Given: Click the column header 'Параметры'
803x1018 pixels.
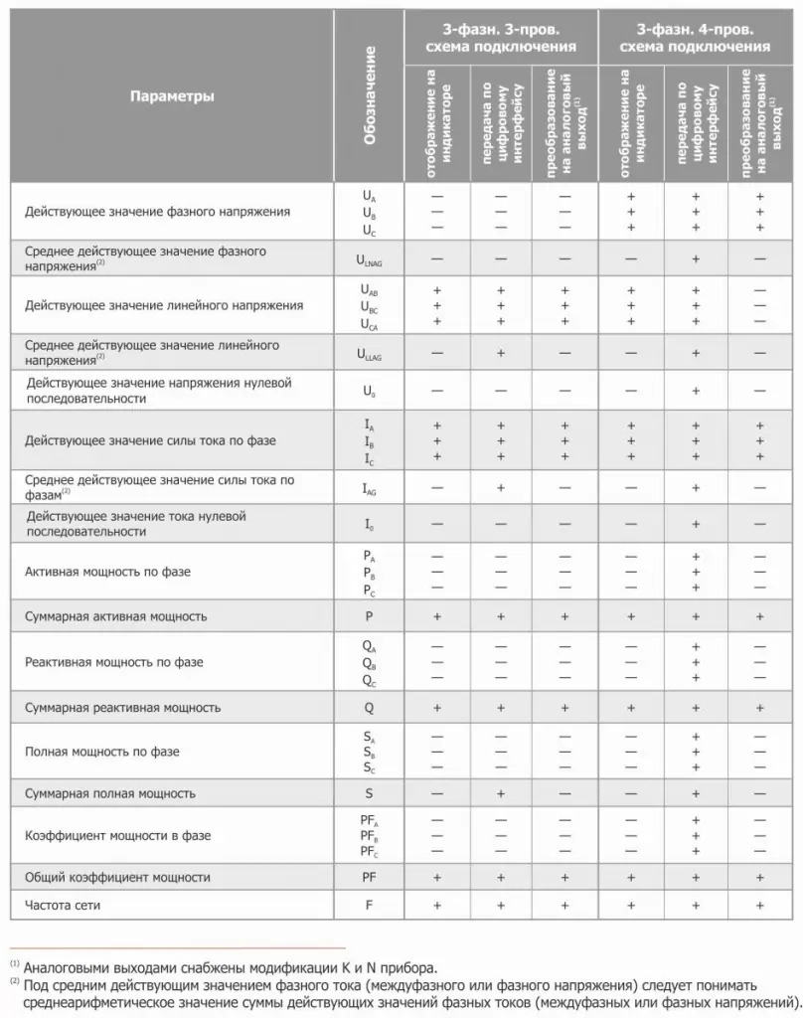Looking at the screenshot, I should (x=172, y=96).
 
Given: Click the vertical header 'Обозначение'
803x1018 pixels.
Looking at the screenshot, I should (x=370, y=96).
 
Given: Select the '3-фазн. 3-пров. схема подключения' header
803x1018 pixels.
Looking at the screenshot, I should (x=500, y=38).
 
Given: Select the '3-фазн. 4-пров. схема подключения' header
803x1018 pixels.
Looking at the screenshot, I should (x=695, y=38).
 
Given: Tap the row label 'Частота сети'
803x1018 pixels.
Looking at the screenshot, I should (x=63, y=905).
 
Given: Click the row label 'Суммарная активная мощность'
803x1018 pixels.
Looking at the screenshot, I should (x=116, y=616).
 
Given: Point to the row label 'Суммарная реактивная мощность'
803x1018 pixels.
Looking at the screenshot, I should (x=122, y=708).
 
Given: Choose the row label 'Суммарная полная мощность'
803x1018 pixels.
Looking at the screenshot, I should (x=110, y=793).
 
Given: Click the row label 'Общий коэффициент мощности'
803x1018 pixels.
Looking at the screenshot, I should (x=117, y=878).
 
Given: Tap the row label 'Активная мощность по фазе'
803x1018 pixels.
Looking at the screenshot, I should (x=107, y=573).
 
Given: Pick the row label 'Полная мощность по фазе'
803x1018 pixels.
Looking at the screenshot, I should (x=102, y=752).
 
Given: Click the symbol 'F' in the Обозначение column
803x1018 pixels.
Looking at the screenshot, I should (x=369, y=905).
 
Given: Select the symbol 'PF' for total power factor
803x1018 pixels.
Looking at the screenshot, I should (x=369, y=878).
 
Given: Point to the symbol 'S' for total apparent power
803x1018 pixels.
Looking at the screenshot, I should (x=369, y=793).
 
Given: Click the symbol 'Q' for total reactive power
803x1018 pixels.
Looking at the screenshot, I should (x=369, y=708).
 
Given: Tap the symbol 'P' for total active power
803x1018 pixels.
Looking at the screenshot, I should (x=369, y=616).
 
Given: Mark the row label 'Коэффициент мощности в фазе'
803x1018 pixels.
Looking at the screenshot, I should (x=117, y=836).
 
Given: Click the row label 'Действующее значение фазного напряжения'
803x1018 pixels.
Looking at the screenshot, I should (x=158, y=212).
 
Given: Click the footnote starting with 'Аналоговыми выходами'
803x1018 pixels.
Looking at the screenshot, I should (x=230, y=966).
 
